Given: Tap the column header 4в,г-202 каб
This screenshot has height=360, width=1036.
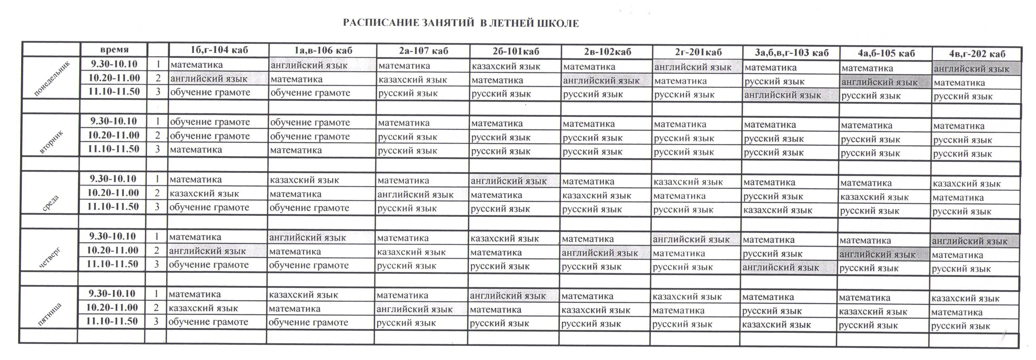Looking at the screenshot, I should point(976,54).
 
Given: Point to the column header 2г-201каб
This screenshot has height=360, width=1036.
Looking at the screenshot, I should point(698,52).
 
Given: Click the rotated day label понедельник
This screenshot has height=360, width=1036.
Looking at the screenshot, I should point(51,79).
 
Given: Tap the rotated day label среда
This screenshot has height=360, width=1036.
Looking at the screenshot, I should point(51,203).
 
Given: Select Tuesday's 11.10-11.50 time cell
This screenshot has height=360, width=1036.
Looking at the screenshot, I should point(114,149).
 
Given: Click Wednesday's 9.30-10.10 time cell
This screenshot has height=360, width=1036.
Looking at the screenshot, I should point(113,179).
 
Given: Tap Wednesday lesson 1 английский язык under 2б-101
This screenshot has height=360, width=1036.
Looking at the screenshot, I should point(509,181).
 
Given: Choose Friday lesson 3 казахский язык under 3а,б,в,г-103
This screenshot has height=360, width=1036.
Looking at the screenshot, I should point(776,324).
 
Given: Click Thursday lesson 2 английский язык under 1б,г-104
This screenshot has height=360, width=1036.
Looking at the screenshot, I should point(207,251).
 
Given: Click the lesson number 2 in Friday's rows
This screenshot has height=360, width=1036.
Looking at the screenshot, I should point(156,308).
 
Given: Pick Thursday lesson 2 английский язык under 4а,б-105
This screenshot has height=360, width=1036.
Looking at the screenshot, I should point(878,255).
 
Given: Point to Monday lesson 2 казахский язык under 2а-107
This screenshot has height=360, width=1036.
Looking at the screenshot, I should point(413,80).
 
